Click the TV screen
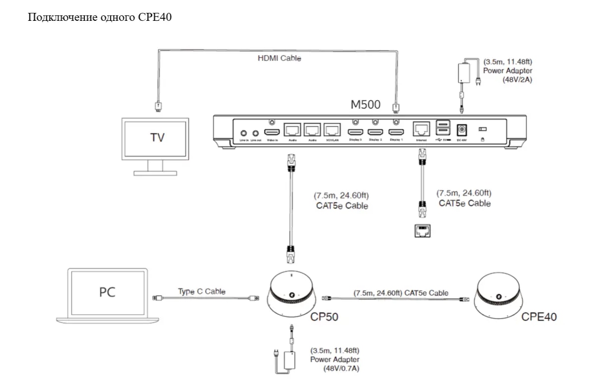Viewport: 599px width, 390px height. pyautogui.click(x=156, y=138)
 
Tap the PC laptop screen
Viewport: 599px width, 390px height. pyautogui.click(x=107, y=292)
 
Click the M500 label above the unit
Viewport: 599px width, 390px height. pyautogui.click(x=366, y=105)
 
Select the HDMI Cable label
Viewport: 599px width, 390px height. pyautogui.click(x=279, y=58)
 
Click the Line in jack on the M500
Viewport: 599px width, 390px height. pyautogui.click(x=243, y=133)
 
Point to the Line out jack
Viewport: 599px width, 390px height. pyautogui.click(x=256, y=133)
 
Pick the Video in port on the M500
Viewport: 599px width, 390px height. pyautogui.click(x=272, y=132)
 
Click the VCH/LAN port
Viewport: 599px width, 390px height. pyautogui.click(x=332, y=130)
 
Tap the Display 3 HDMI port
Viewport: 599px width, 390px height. pyautogui.click(x=355, y=132)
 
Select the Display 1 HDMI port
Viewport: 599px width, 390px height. pyautogui.click(x=395, y=132)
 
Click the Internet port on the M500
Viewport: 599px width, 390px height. pyautogui.click(x=421, y=130)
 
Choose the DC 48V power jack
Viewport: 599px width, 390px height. pyautogui.click(x=462, y=129)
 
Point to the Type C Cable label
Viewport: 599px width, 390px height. pyautogui.click(x=201, y=291)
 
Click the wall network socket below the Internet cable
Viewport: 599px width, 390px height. pyautogui.click(x=422, y=231)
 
